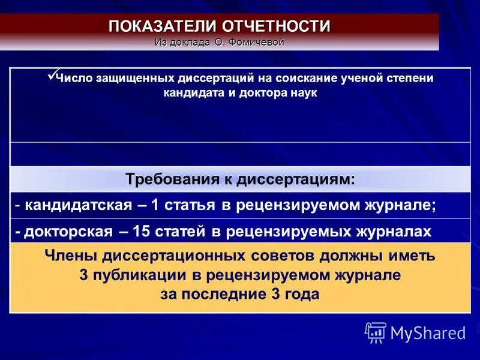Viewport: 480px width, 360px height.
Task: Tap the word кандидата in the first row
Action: click(x=189, y=94)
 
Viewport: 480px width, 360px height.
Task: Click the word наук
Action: click(x=304, y=94)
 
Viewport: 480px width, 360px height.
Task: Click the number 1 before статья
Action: click(x=155, y=205)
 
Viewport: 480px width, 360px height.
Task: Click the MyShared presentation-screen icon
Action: click(x=376, y=332)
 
